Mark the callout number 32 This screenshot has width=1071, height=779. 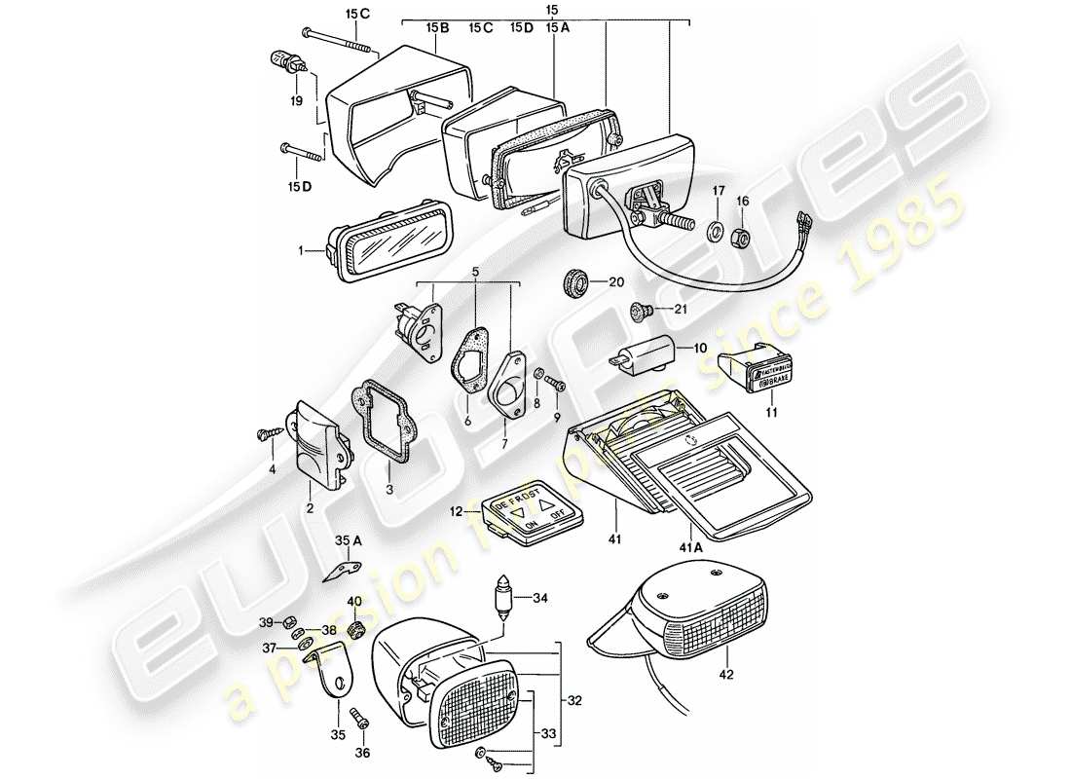pos(575,698)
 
